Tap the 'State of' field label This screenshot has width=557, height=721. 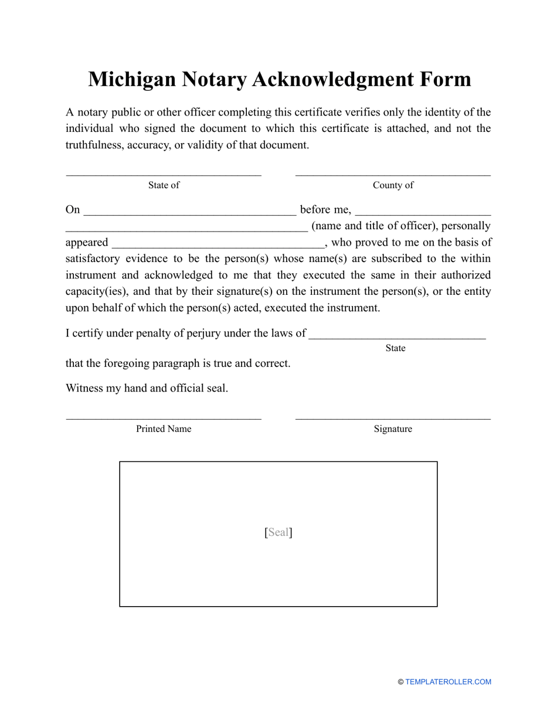[x=164, y=185]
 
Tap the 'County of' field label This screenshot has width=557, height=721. [x=393, y=185]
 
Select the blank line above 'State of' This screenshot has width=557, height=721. [x=164, y=174]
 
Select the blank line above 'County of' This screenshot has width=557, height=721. [x=393, y=174]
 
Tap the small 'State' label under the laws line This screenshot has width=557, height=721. [x=395, y=348]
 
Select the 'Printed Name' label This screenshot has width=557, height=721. [x=164, y=429]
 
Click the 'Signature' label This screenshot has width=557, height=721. [x=393, y=429]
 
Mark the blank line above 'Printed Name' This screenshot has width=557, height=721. [x=164, y=419]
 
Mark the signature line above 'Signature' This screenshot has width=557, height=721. [x=393, y=419]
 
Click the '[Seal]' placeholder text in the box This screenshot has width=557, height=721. [x=278, y=532]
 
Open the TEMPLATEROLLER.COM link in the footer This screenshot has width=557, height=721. [x=448, y=682]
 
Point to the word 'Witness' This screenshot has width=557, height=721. [x=84, y=388]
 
